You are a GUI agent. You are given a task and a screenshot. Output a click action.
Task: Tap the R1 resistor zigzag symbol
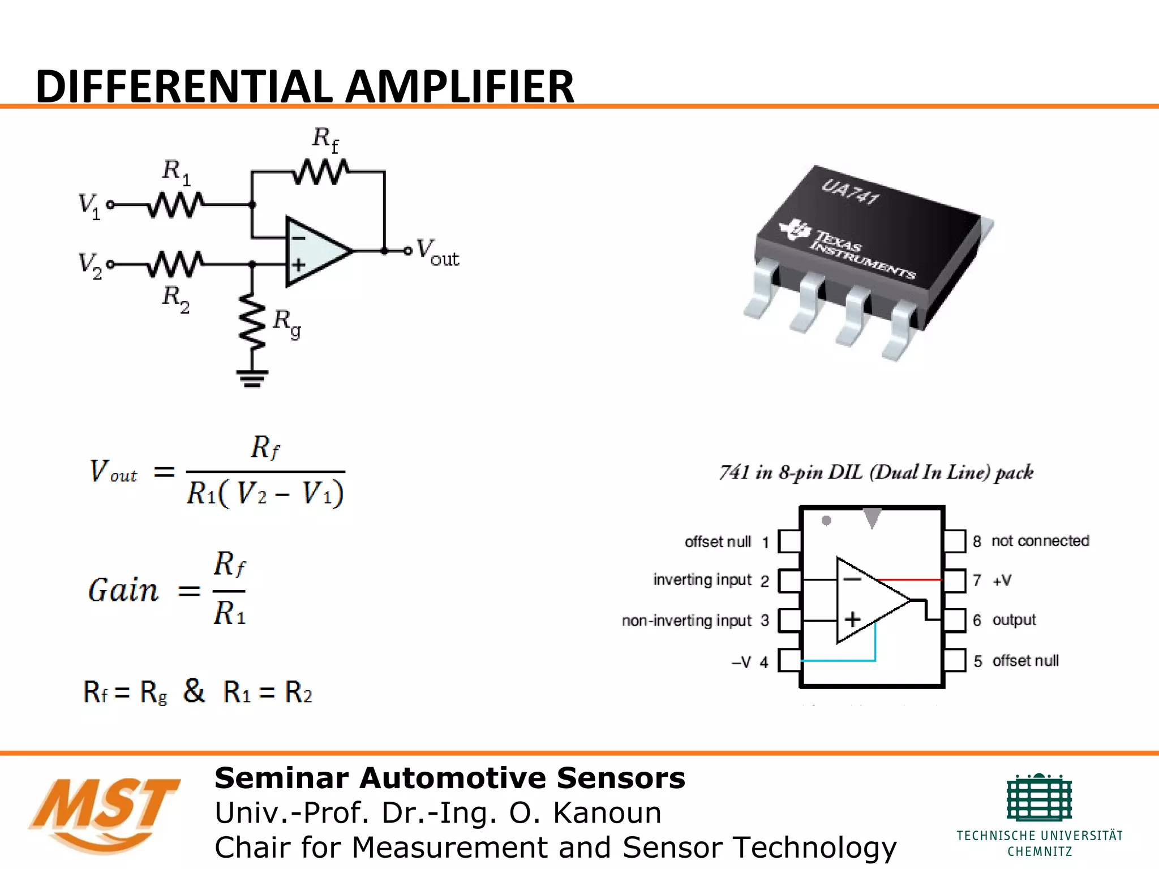[175, 205]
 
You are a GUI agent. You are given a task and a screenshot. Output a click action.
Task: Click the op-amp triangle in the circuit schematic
[315, 251]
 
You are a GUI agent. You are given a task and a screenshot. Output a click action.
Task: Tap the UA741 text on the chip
[851, 192]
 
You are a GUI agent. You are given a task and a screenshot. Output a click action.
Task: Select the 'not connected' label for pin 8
[1040, 541]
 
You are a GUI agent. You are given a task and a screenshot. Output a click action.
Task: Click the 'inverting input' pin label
[702, 580]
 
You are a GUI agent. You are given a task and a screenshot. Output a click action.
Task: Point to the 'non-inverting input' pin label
[686, 621]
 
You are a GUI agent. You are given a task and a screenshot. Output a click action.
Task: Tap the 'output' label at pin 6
[1014, 620]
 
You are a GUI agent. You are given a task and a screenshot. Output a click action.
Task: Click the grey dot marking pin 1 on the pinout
[826, 520]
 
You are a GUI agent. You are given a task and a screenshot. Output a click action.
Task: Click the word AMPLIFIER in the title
[460, 87]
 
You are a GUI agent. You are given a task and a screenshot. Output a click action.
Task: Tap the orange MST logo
[105, 812]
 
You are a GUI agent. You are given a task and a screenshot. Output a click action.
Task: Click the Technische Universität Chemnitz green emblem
[1039, 798]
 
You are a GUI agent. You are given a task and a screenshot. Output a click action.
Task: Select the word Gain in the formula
[123, 590]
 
